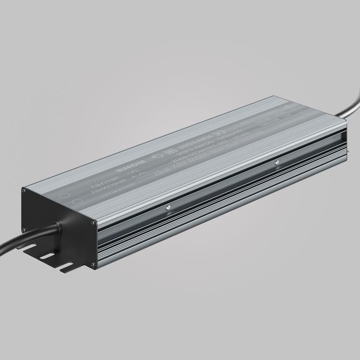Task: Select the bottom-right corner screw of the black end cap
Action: (x=95, y=267)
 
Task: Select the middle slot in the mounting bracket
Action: (x=47, y=257)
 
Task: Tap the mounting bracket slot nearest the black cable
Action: (x=31, y=246)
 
